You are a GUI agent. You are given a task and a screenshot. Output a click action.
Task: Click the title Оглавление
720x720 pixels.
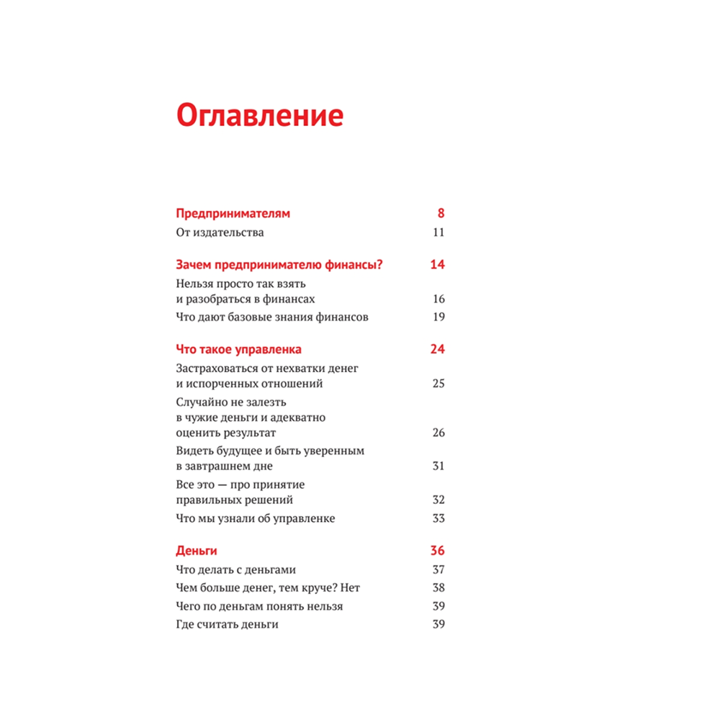[260, 115]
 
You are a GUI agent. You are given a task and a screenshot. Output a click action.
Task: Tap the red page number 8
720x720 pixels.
[441, 213]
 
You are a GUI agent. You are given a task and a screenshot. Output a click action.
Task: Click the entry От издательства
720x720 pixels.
[220, 233]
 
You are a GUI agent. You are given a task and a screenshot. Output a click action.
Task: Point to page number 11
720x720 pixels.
[438, 233]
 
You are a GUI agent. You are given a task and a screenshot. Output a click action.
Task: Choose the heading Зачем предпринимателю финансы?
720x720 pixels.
[279, 265]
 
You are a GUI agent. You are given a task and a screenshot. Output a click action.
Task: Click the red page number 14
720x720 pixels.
[437, 265]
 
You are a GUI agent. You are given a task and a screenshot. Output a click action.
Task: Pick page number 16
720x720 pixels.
[438, 299]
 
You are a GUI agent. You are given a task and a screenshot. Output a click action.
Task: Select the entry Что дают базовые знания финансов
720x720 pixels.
[272, 318]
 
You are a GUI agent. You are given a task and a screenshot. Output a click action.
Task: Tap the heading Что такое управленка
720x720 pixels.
[238, 349]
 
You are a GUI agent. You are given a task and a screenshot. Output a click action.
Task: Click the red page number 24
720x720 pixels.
[437, 349]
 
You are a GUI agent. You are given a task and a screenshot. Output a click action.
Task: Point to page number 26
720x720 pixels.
[438, 433]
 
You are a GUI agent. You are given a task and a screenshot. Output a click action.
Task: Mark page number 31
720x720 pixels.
[438, 467]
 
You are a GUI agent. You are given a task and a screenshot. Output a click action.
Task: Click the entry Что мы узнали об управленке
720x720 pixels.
[256, 518]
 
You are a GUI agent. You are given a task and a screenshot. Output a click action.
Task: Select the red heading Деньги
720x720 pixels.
[197, 552]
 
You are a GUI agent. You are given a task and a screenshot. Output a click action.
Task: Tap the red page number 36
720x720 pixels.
[437, 552]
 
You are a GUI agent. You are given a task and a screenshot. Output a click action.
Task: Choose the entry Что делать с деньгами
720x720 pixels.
[236, 570]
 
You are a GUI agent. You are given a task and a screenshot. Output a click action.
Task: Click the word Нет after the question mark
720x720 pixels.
[351, 588]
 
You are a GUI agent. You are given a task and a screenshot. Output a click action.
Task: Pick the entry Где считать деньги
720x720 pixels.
[227, 624]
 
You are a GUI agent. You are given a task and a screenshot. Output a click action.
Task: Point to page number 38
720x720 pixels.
[438, 588]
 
